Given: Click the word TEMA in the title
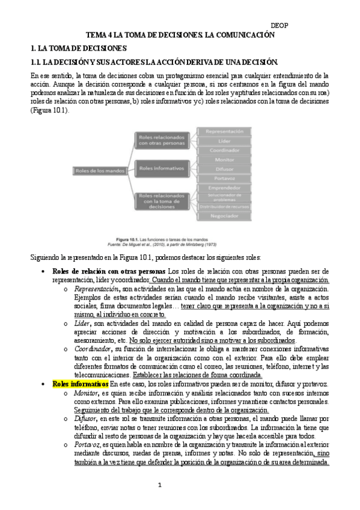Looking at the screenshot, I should [x=97, y=35].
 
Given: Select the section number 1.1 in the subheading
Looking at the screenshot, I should [x=37, y=62].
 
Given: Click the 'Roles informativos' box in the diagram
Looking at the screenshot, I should [x=159, y=169].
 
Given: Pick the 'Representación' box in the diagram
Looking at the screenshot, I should [x=225, y=131].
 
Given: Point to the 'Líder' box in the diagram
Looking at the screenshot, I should [x=225, y=141].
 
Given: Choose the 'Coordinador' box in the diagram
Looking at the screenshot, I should [x=225, y=150].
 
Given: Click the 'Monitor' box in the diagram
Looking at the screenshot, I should [x=225, y=160].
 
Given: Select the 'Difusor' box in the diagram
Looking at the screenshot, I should [x=225, y=170].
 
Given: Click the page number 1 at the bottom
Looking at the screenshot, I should [x=159, y=485].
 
